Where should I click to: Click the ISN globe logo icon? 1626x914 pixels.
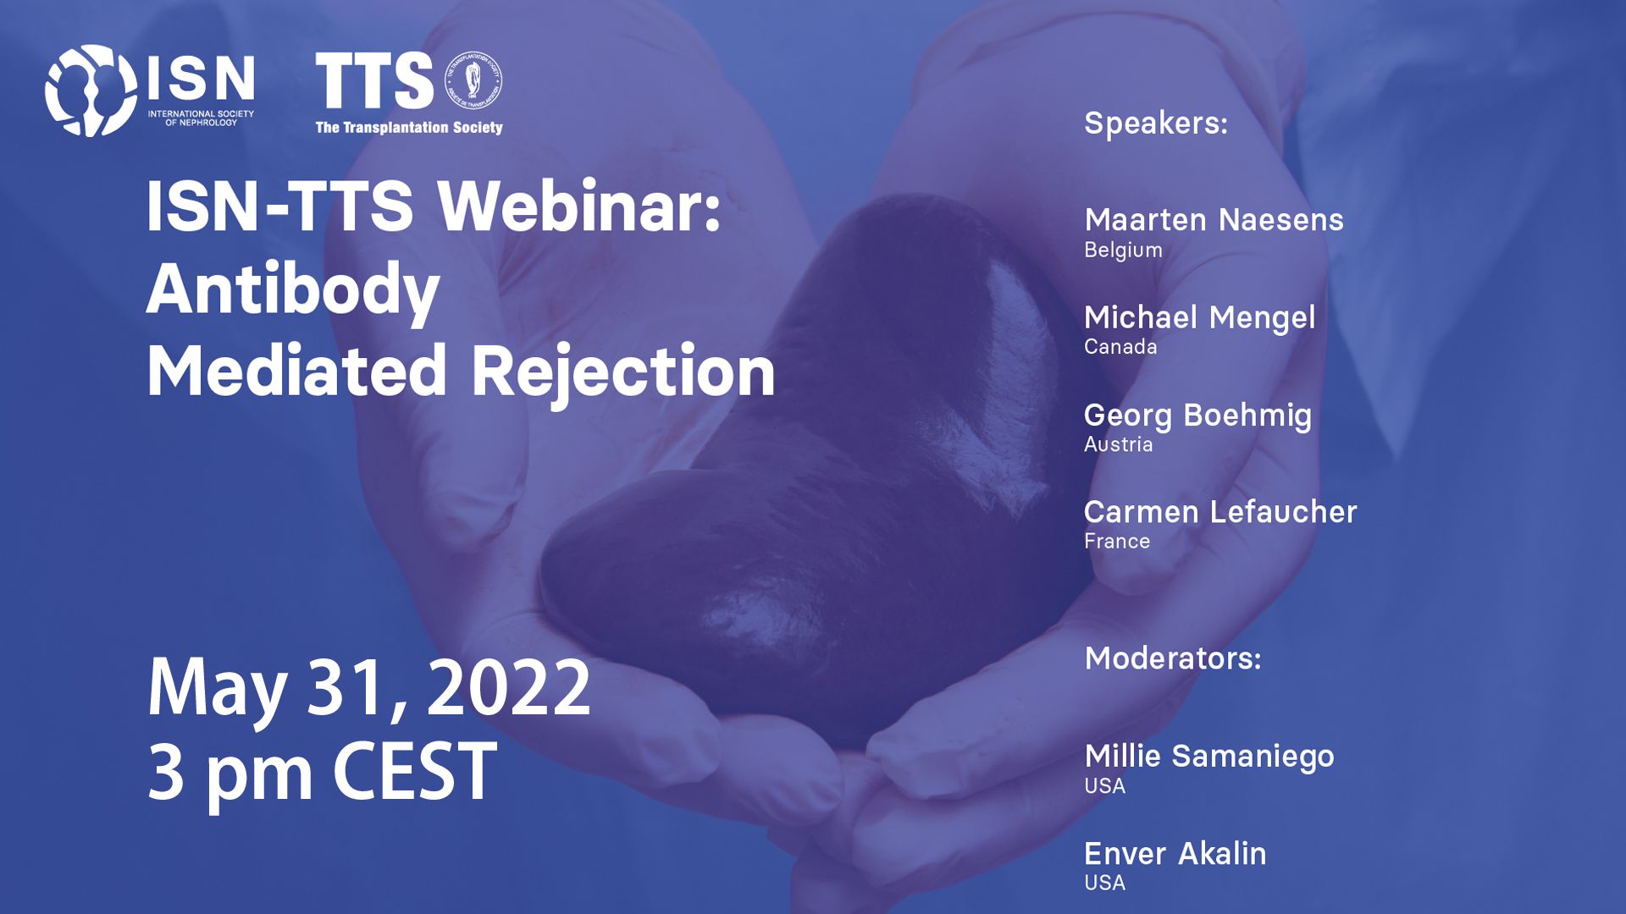91,91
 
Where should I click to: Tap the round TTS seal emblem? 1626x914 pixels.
473,80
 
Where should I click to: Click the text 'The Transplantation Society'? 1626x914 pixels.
409,128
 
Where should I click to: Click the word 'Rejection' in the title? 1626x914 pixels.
623,372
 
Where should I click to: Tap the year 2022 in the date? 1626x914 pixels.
509,687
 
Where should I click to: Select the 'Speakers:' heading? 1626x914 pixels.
1156,124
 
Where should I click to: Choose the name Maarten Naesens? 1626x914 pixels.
1214,220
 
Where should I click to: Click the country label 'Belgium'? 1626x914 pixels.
1123,251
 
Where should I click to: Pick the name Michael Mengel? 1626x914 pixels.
1199,318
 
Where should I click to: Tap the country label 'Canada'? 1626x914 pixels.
1120,347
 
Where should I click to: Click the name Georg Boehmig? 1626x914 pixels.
1197,416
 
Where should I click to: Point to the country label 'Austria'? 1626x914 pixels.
1118,444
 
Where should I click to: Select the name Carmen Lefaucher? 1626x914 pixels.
1220,512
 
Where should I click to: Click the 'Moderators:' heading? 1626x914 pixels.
1173,658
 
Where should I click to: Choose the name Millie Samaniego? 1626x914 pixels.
1209,757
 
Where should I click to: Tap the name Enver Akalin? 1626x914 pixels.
1175,854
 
